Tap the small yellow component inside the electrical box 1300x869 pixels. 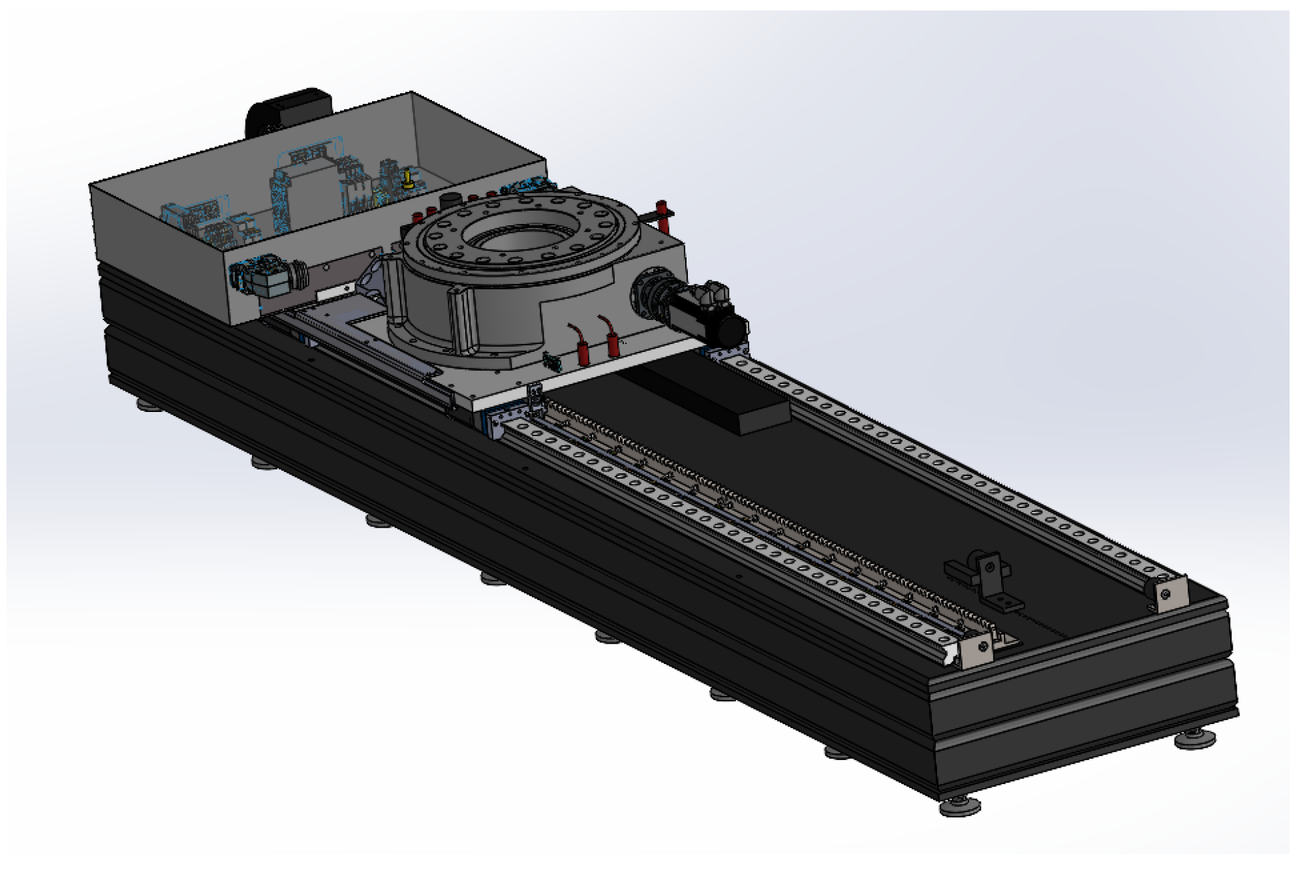coord(408,179)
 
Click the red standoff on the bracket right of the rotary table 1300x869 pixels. coord(662,215)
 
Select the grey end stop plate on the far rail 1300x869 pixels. coord(1168,594)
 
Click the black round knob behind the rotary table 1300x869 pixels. coord(450,200)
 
